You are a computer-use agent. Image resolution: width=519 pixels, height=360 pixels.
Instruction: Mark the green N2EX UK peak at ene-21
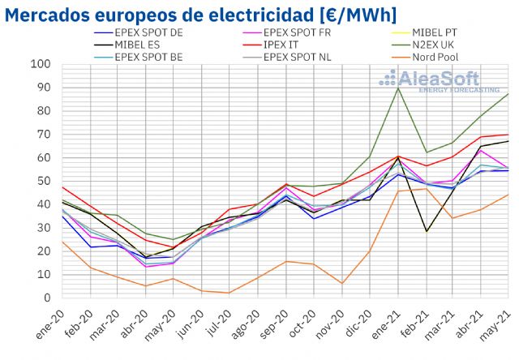pos(397,88)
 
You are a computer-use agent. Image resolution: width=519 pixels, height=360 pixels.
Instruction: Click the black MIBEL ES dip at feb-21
pos(427,231)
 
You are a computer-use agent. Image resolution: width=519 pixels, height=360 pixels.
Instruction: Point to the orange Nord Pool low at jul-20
pos(230,293)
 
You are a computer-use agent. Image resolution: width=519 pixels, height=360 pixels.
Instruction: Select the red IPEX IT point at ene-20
pos(62,187)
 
